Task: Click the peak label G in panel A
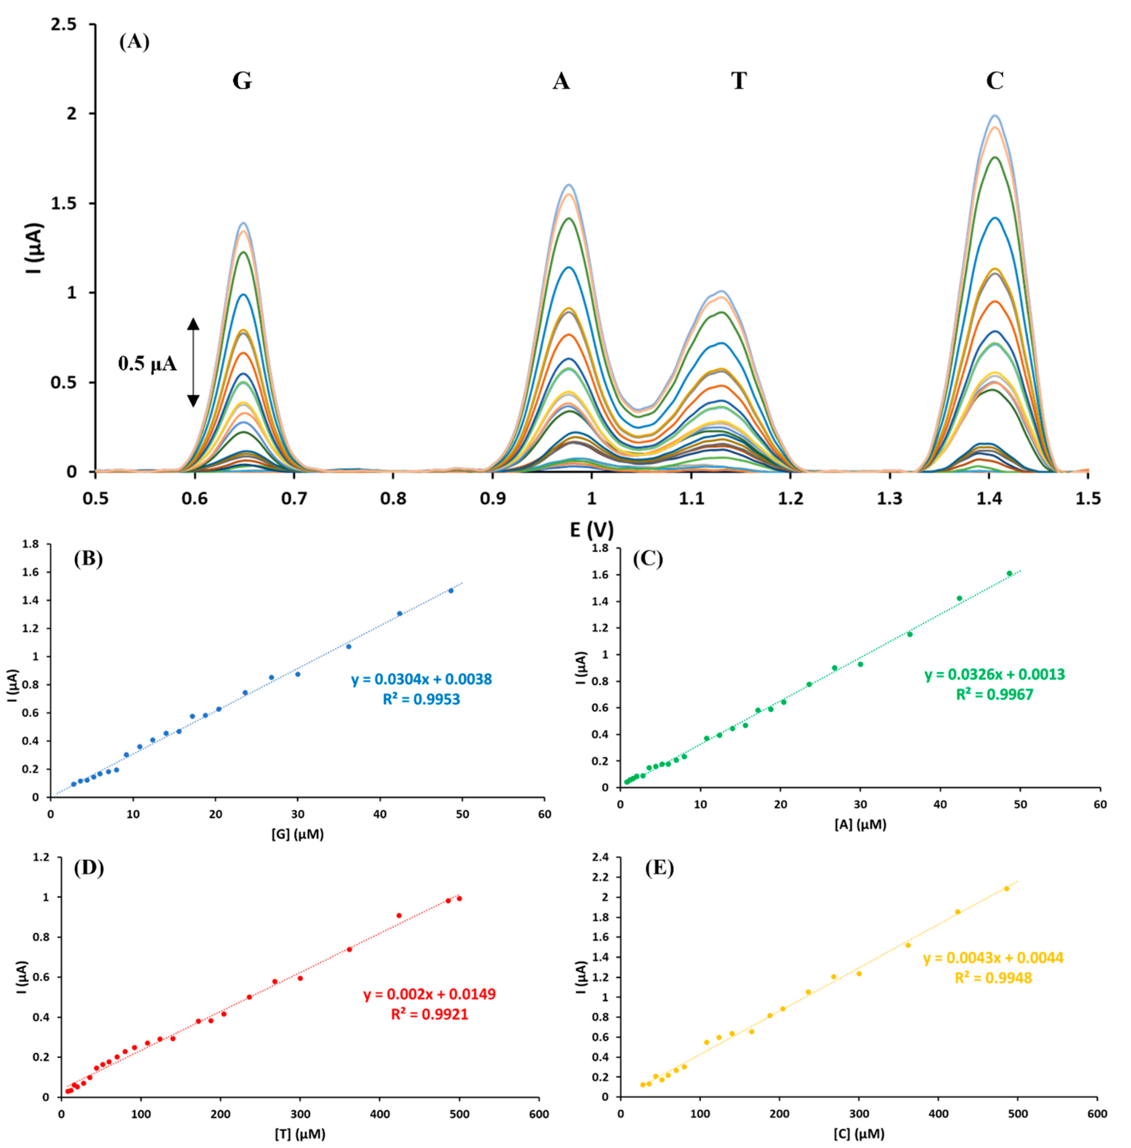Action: [242, 81]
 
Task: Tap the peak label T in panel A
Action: [738, 81]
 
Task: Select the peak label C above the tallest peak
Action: [994, 81]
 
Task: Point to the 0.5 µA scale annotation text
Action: [147, 363]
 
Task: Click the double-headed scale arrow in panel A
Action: [193, 362]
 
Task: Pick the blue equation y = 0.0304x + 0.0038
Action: [421, 679]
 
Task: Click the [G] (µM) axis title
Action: [297, 834]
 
